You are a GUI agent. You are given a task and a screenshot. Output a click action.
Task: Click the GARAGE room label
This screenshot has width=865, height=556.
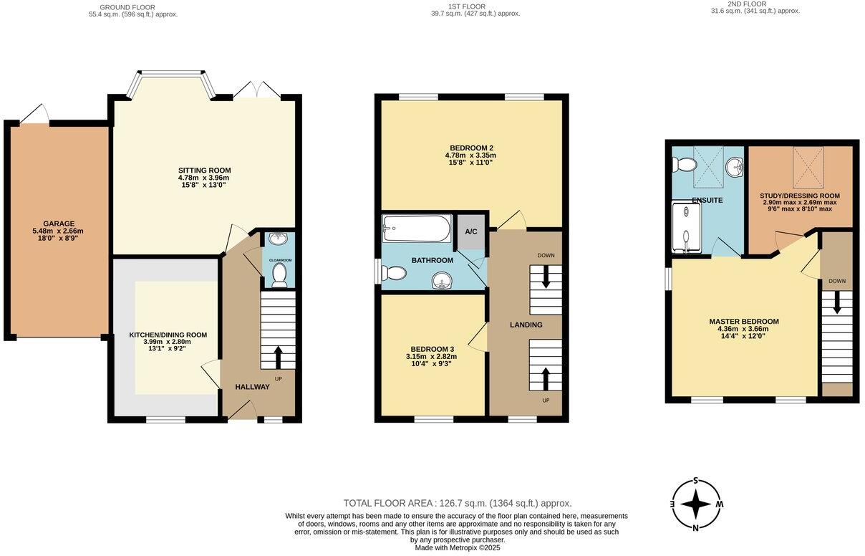coord(58,224)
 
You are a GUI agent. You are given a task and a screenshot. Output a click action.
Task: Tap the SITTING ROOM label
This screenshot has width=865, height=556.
coord(204,171)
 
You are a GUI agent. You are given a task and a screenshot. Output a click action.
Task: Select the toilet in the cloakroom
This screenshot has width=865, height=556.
coord(280,274)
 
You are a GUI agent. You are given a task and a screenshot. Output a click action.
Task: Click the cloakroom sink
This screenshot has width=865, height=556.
coord(280,239)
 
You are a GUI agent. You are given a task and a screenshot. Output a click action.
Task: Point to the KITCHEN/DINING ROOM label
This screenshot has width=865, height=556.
coord(168,335)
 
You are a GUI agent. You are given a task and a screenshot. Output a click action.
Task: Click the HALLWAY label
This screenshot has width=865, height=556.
coord(252,387)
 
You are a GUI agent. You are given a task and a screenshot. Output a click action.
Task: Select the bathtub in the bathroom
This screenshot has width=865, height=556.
coord(416,229)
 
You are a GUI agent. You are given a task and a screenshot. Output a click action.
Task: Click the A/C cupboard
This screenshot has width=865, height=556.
coord(471,231)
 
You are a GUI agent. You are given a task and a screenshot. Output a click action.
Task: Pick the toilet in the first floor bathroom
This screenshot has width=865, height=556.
coord(395,273)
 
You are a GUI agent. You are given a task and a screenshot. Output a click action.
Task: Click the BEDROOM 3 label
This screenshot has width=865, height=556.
coord(428,349)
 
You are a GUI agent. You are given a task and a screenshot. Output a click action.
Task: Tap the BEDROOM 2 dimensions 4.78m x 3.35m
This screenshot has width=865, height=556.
coord(470,155)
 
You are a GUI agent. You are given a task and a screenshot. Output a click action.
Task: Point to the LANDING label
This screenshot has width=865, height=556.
coord(526,325)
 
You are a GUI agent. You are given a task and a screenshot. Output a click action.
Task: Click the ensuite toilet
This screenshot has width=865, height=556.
coord(685,166)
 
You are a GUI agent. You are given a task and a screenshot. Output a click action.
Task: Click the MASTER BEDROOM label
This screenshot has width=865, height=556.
coord(743,322)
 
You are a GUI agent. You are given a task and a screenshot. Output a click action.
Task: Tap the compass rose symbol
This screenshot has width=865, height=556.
coord(695,504)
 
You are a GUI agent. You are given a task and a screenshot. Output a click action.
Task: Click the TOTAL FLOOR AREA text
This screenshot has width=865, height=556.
coord(457,503)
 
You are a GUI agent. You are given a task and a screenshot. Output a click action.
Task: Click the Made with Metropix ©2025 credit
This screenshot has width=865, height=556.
coord(457,548)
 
